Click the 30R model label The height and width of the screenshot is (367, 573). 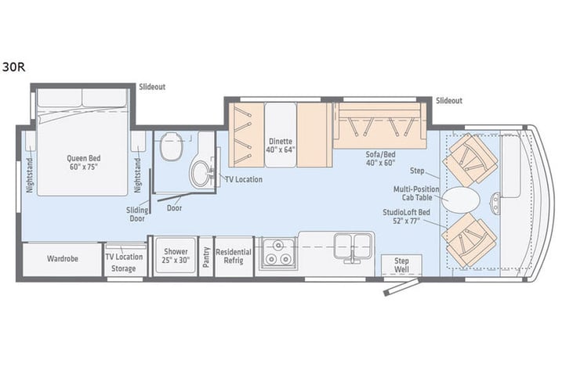14,67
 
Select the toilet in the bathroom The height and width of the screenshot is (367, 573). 171,146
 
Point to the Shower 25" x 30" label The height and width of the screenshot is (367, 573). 176,256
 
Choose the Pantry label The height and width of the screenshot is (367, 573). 206,257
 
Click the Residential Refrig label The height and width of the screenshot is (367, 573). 234,256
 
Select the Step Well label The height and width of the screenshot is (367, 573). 401,265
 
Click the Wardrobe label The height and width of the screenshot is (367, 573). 63,259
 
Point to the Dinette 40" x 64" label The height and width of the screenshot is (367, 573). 281,146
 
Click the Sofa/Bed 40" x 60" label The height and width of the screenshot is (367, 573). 380,159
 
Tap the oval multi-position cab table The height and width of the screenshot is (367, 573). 460,200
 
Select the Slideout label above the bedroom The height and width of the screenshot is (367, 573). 152,87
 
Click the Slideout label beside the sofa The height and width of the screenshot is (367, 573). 449,101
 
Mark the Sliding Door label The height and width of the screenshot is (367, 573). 137,214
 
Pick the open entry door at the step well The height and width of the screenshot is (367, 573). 401,286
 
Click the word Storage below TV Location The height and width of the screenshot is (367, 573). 124,268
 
